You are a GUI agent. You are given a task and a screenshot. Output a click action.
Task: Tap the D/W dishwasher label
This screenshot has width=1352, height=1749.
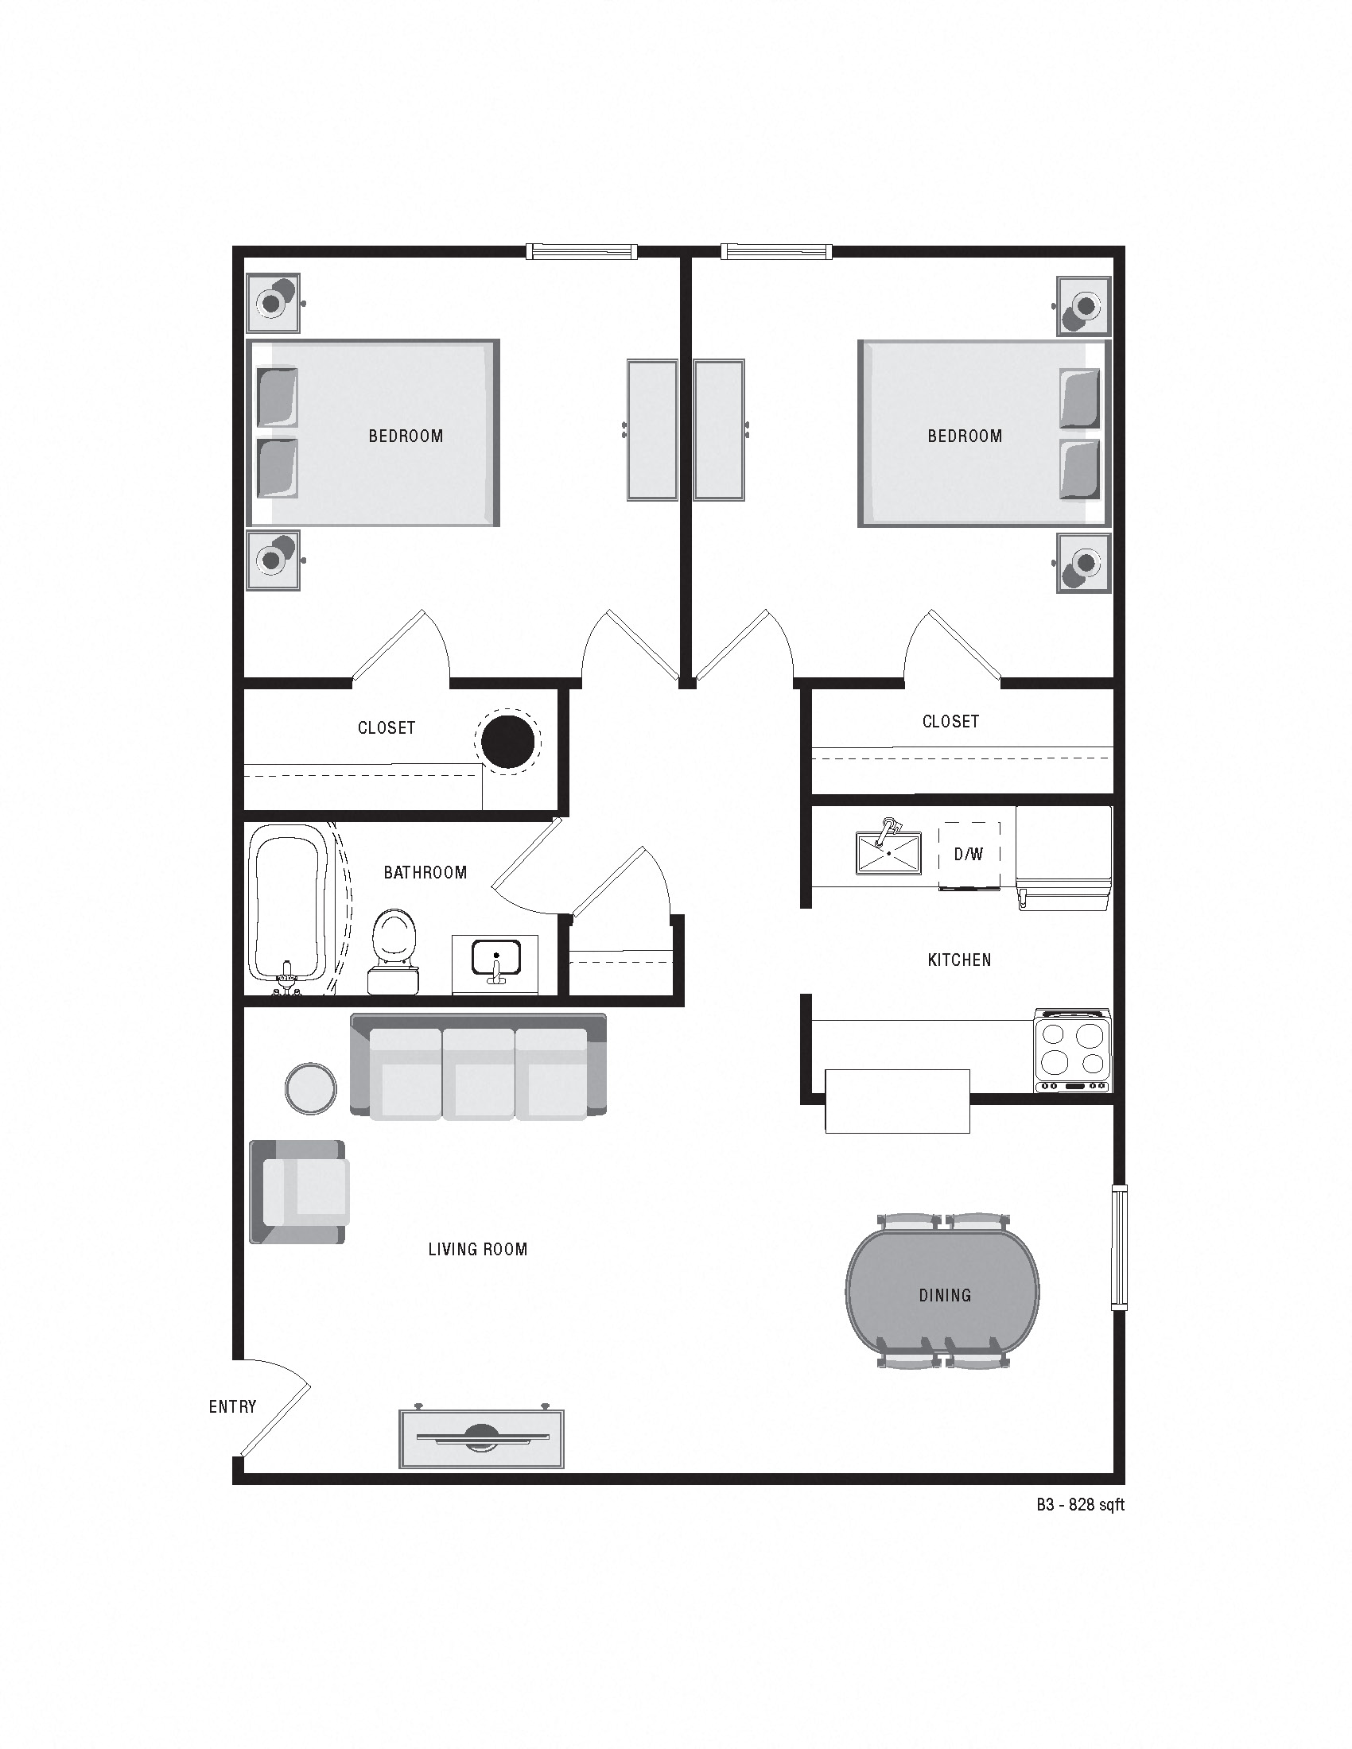coord(969,855)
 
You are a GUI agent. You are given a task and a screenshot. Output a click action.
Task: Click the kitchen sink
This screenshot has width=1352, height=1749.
coord(888,853)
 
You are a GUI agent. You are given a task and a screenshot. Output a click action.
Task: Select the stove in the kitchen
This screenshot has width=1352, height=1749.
coord(1073,1051)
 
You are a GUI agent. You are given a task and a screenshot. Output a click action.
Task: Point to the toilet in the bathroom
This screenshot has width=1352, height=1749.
coord(394,949)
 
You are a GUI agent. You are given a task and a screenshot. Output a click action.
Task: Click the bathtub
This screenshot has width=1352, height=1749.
coord(289,905)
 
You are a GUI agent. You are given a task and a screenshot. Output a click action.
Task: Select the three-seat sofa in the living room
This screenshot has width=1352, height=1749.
coord(478,1065)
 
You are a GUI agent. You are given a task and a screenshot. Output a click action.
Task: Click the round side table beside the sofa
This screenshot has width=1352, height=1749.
coord(311,1088)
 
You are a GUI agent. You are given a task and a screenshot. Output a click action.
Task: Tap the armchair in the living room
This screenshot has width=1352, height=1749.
coord(299,1192)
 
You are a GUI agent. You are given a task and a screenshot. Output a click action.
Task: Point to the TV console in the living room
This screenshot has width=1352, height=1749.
coord(481,1439)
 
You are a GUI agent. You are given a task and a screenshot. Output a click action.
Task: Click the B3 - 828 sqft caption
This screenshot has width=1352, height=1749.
coord(1080,1505)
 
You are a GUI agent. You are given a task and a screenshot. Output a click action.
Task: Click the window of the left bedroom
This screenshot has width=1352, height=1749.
coord(581,251)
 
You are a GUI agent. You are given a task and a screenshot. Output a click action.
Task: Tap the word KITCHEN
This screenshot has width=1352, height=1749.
coord(959,960)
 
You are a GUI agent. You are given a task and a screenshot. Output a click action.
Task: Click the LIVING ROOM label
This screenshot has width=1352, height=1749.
coord(477,1249)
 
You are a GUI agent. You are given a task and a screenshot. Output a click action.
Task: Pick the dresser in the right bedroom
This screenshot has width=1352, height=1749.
coord(719,430)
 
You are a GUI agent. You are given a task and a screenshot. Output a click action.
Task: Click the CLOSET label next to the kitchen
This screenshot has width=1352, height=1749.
coord(950,722)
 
